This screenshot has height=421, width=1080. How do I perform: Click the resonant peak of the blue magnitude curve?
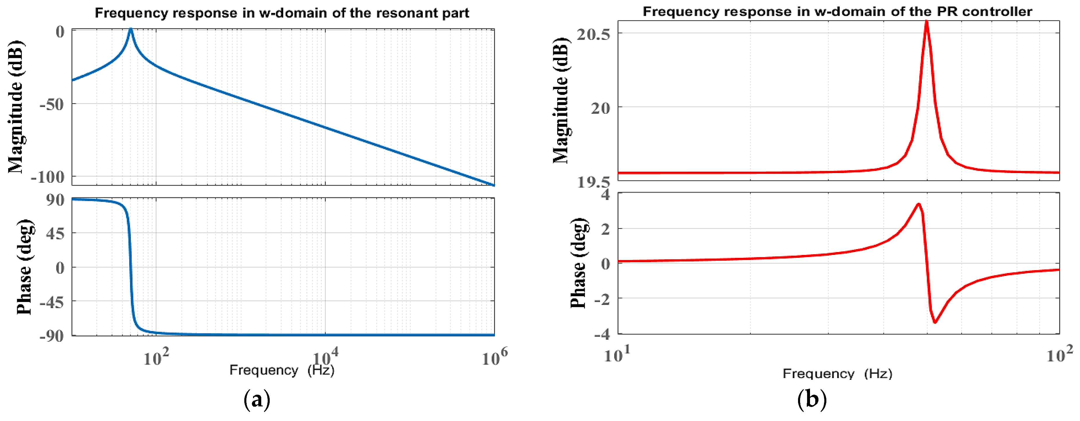click(x=130, y=29)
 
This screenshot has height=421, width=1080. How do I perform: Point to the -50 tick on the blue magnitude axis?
click(x=52, y=104)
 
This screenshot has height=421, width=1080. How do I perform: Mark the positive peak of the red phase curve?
click(x=918, y=204)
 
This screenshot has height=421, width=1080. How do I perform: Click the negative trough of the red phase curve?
click(x=935, y=322)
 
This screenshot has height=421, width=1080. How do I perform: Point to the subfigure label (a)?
click(x=257, y=400)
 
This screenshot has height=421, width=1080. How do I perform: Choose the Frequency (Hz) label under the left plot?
click(x=282, y=370)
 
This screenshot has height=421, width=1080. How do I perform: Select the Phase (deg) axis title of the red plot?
click(x=579, y=263)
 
